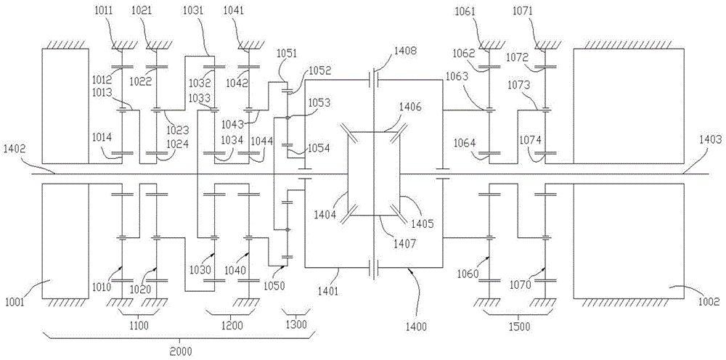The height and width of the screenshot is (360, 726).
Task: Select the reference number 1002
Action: (709, 301)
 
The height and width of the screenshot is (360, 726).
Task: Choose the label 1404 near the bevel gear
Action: (328, 216)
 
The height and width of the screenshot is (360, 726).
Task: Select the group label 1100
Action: (138, 326)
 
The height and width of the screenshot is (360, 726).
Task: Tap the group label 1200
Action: (232, 326)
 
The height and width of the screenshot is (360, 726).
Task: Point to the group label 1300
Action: (296, 326)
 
